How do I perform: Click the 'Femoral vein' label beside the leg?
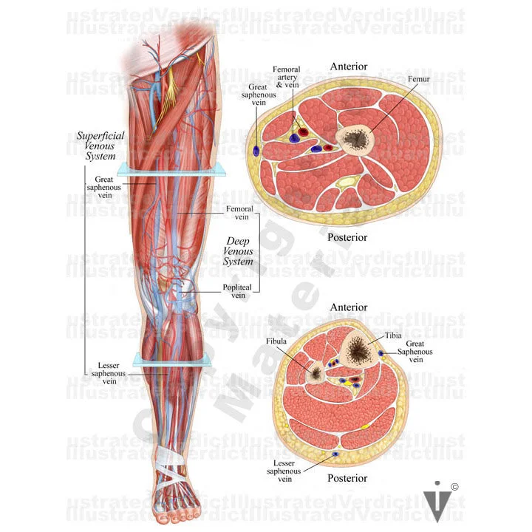point(239,214)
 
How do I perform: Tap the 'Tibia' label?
point(393,335)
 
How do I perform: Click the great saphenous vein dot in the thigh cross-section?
point(256,150)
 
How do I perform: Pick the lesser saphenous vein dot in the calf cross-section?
point(335,453)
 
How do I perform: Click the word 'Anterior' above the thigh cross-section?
point(349,66)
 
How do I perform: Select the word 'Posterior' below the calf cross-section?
point(347,478)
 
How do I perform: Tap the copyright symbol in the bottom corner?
point(454,486)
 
